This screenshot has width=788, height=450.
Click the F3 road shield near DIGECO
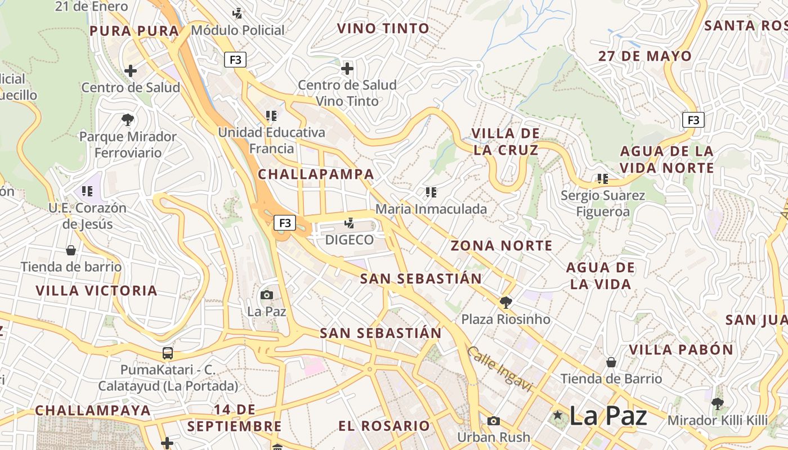pos(285,223)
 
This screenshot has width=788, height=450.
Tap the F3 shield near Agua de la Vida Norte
pos(693,120)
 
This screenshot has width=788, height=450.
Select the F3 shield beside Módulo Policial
pos(235,60)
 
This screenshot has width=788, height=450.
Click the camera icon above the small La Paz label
pos(267,295)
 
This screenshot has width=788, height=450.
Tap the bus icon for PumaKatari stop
pos(168,353)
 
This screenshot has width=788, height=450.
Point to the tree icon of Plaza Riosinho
pos(506,303)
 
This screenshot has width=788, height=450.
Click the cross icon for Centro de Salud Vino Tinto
pos(347,69)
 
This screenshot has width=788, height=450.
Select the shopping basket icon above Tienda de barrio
pos(71,250)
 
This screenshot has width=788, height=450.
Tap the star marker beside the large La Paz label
pos(558,416)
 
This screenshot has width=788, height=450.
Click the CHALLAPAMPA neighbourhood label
pos(316,174)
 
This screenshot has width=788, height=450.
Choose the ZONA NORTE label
pos(502,246)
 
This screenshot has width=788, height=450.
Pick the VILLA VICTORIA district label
pos(96,291)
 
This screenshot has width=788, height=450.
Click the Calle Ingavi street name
pos(499,368)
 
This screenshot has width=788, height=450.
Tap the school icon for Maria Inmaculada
pos(431,192)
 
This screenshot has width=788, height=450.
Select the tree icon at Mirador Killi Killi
pos(717,403)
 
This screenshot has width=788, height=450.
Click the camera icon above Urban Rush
pos(494,421)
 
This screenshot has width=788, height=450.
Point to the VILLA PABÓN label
pos(681,350)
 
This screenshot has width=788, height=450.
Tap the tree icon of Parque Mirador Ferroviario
pos(128,119)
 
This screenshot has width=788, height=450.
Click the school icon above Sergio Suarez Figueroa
pos(603,179)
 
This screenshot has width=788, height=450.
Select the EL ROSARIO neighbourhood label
pos(384,426)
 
